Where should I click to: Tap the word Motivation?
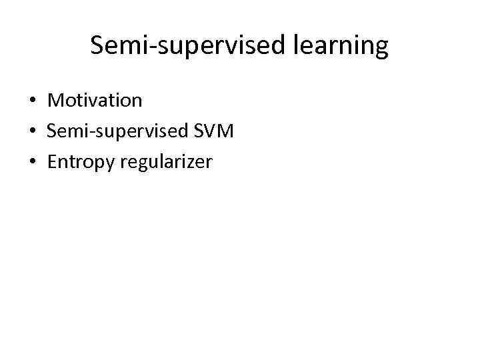pyautogui.click(x=95, y=101)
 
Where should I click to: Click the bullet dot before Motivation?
pyautogui.click(x=32, y=101)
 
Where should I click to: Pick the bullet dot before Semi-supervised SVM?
pyautogui.click(x=32, y=131)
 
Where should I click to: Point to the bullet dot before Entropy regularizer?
pyautogui.click(x=32, y=161)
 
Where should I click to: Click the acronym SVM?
pyautogui.click(x=214, y=131)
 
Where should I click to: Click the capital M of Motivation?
pyautogui.click(x=55, y=101)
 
